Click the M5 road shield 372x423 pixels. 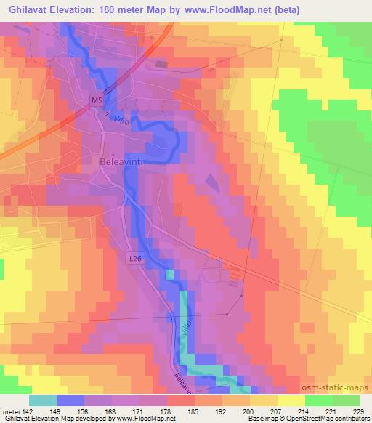click(97, 98)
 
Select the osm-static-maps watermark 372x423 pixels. click(341, 389)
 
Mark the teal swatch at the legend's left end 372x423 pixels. click(43, 400)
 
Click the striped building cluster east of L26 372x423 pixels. click(234, 277)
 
